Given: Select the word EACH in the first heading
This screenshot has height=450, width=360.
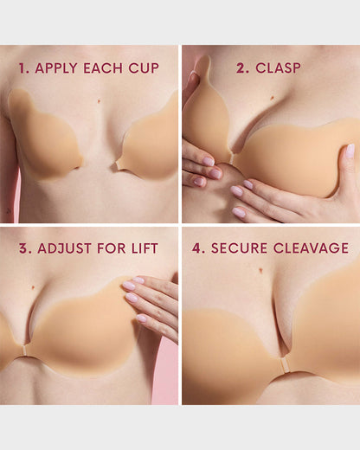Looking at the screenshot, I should (104, 67).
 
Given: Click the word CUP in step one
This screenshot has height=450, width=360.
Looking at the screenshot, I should (144, 67).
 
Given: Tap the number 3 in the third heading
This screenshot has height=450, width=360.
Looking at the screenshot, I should (24, 248).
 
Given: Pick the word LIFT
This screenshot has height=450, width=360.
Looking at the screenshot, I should (144, 248).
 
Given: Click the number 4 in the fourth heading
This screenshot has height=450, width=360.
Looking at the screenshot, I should (198, 248).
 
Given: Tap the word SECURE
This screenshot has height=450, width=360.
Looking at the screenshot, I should (237, 248).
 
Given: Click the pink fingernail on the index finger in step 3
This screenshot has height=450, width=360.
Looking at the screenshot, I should (129, 286).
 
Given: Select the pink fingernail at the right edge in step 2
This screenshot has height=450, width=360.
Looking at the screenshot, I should (350, 151).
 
